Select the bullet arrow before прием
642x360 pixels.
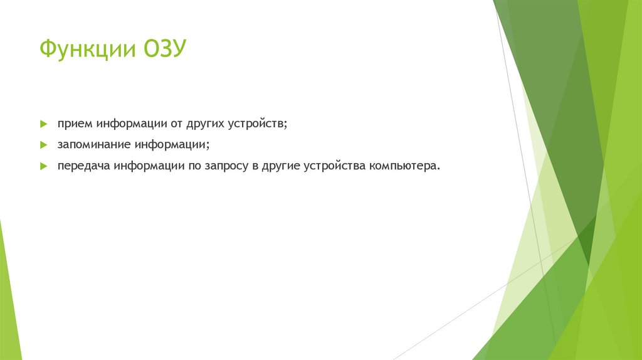[44, 124]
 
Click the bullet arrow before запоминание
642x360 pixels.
[44, 145]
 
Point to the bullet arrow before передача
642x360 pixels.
[44, 167]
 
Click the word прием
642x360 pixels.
[74, 124]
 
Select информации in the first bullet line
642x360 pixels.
[131, 124]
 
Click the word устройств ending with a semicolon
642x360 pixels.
[260, 124]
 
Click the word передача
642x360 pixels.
[83, 167]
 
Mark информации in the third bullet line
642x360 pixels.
[148, 167]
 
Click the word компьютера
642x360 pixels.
[405, 167]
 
